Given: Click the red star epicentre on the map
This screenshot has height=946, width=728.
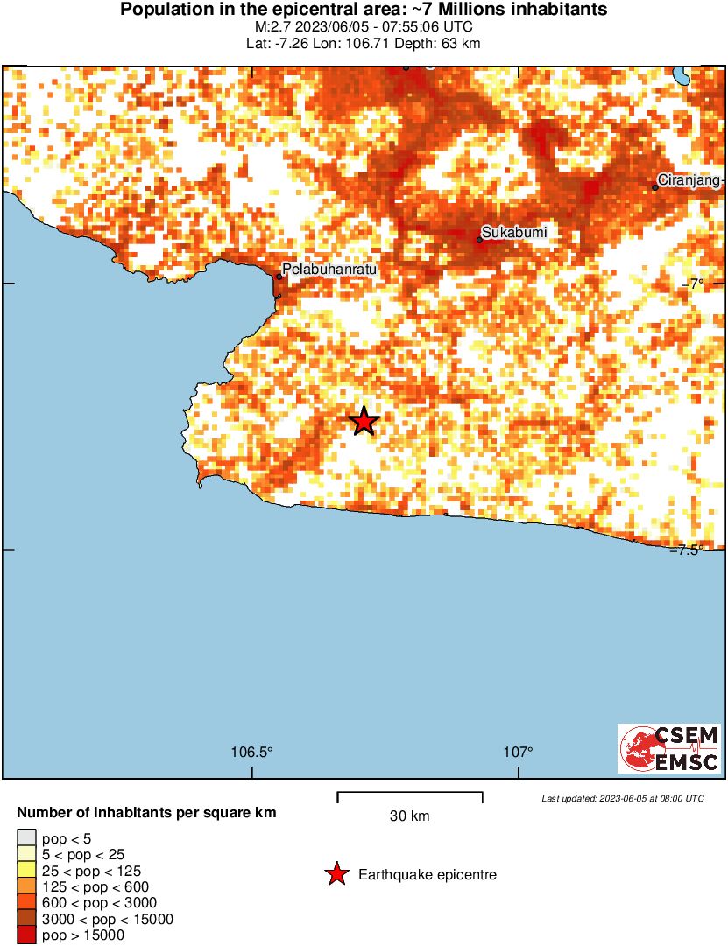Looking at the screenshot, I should point(364,421).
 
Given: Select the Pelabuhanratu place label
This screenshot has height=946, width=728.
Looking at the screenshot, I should point(329,270).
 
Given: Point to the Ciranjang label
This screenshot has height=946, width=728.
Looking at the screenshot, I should point(689,180).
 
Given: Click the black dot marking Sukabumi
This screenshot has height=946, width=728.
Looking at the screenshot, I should point(480,239).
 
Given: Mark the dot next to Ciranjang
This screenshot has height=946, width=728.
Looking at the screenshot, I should point(655,186).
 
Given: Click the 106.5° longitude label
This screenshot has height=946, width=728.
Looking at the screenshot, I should point(252,752).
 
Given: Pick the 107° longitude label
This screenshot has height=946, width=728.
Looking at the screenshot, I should point(519,752).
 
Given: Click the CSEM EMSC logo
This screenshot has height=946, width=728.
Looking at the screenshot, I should point(670,748).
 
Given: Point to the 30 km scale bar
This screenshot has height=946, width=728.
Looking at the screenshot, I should point(410,796).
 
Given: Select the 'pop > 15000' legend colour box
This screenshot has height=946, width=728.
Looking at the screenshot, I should point(26,935).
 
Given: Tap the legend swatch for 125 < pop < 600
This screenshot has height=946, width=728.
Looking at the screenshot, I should point(26,887).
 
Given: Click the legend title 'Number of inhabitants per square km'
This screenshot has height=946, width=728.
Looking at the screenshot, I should point(146,813).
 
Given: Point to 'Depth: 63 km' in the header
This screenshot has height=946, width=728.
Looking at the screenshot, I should point(446,43).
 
